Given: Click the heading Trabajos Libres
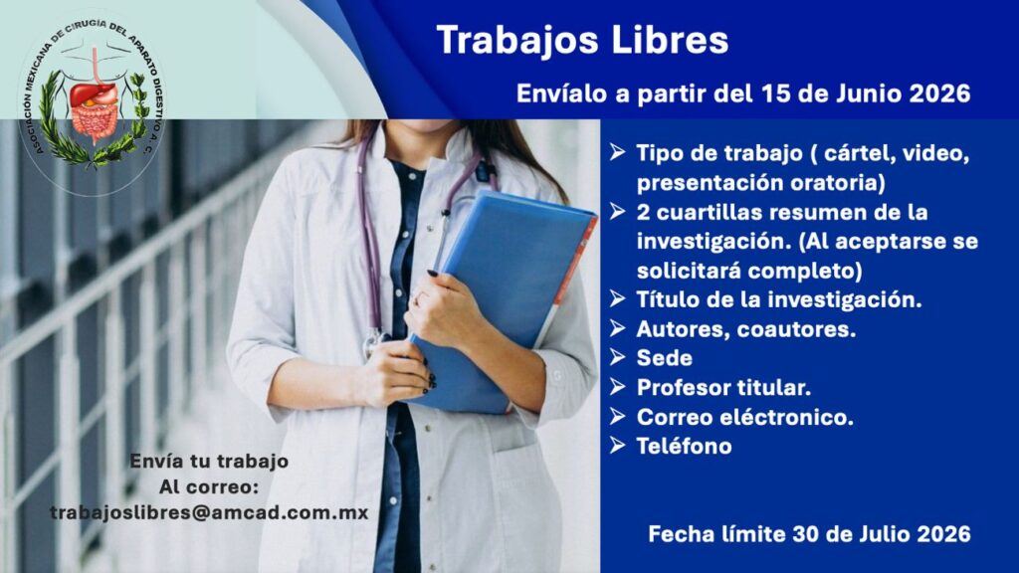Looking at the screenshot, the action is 582,40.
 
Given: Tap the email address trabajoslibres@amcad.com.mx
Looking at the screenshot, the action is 209,512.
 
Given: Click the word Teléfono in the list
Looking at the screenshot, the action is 685,446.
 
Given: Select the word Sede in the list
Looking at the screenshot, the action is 664,358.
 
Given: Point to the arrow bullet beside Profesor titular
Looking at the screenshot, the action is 617,387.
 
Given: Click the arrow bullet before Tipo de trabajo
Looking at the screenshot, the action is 617,152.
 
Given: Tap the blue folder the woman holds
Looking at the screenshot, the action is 504,298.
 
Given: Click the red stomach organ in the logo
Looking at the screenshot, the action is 93,95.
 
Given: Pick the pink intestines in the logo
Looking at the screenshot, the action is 95,120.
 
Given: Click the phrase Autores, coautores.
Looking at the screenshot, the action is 746,328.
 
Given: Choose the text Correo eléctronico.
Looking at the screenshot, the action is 744,417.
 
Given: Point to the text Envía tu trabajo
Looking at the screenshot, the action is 209,462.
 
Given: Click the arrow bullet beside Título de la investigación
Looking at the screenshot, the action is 617,298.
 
